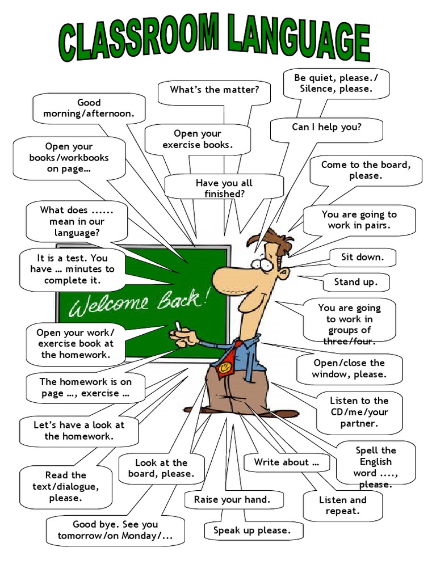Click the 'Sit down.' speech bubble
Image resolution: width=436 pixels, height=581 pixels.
coord(363,258)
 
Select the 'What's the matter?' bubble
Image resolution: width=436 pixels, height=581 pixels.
coord(214,90)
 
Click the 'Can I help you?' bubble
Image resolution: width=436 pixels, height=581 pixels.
coord(326,128)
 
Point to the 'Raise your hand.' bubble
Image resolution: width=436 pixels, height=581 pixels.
coord(232,500)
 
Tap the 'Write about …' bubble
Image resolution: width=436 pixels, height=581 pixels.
coord(286,462)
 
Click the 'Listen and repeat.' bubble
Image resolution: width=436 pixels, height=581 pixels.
coord(342,506)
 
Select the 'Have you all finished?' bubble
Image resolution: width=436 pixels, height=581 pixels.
coord(224,188)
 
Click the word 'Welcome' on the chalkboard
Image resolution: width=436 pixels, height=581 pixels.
coord(108,306)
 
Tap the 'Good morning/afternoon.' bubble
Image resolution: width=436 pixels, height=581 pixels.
coord(89,108)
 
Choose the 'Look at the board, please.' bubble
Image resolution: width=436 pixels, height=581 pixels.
coord(161,469)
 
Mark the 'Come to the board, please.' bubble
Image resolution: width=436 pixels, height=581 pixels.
coord(365,170)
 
